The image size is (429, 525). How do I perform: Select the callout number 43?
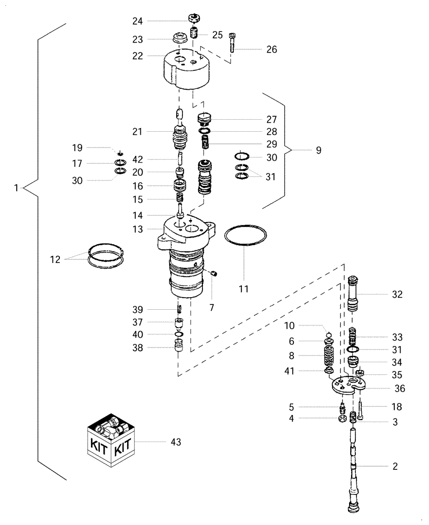tap(176, 443)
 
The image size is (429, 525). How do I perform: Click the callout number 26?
tap(271, 49)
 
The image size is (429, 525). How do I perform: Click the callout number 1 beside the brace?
tap(18, 187)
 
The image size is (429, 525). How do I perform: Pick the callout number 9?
tap(318, 151)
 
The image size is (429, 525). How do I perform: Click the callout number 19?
tap(78, 148)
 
